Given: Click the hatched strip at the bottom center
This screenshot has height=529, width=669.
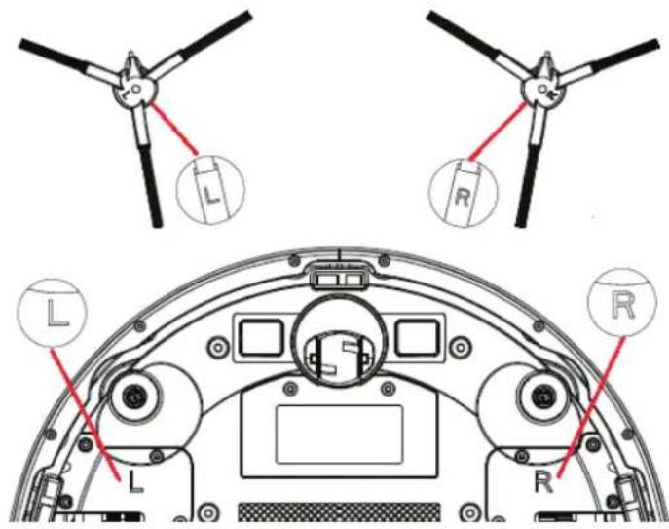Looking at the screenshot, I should tap(337, 510).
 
